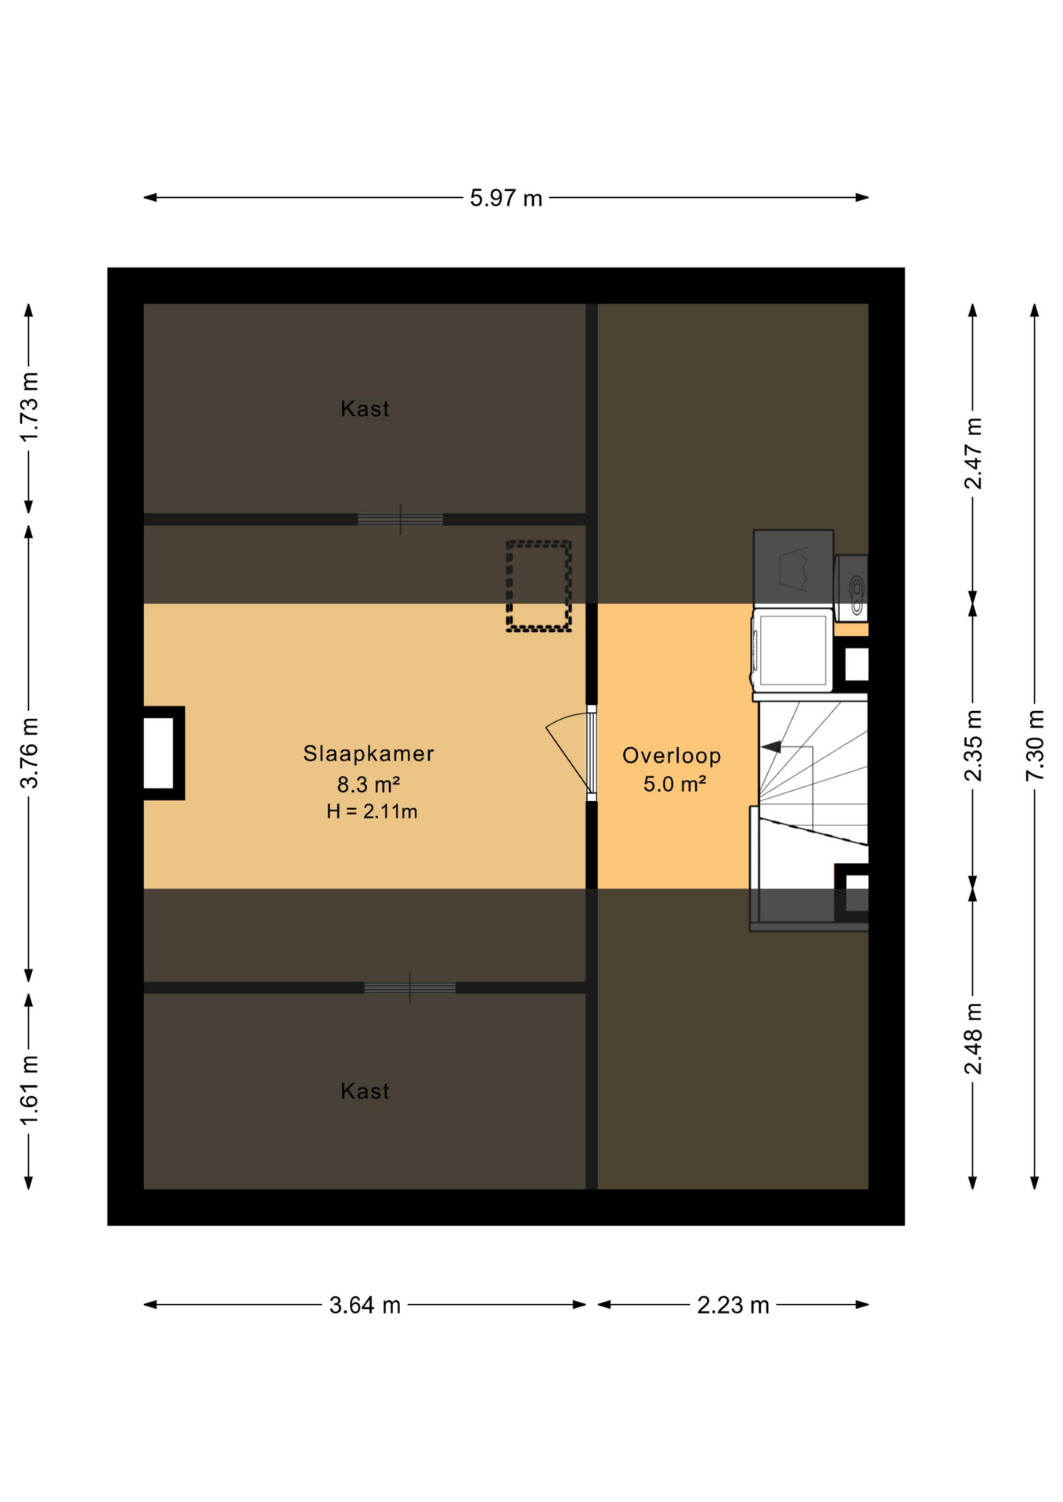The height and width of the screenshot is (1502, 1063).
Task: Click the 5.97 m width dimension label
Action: [506, 198]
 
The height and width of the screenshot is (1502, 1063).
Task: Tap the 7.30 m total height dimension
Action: [1035, 745]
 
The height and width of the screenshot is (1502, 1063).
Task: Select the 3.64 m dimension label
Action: [365, 1305]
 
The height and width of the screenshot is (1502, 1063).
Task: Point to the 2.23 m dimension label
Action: [733, 1305]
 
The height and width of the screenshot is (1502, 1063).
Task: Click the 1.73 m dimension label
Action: [29, 408]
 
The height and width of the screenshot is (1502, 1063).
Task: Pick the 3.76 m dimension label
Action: [29, 753]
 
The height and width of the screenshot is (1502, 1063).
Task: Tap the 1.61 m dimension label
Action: [29, 1091]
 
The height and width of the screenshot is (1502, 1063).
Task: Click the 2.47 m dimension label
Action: [973, 454]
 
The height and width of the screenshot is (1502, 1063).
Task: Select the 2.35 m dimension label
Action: [973, 746]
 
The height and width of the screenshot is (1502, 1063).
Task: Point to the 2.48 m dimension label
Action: [973, 1039]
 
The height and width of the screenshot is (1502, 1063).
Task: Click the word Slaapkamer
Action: [369, 753]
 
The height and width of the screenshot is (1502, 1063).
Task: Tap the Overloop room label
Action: [672, 756]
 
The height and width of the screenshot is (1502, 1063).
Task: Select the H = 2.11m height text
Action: [372, 812]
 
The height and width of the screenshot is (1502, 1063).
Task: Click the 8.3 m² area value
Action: [369, 784]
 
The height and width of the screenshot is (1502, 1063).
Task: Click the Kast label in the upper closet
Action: [365, 408]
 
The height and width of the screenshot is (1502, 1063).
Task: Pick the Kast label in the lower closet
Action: [365, 1091]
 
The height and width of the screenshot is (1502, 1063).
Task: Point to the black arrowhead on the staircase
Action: [772, 747]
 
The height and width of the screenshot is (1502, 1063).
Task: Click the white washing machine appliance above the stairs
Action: [792, 651]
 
